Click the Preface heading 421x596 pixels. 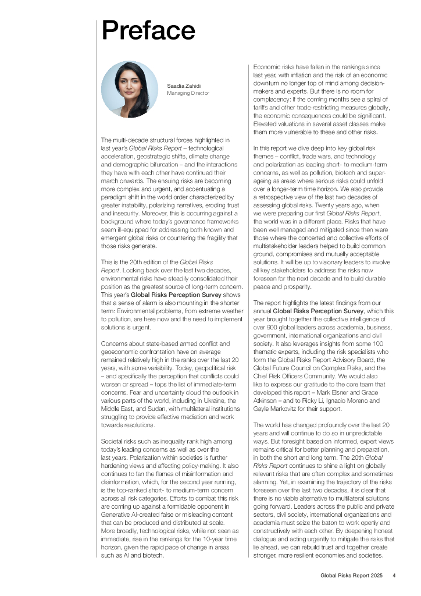coord(148,30)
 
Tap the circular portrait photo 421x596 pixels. coord(130,90)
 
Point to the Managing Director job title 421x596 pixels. coord(188,93)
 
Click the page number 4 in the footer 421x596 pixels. coord(394,576)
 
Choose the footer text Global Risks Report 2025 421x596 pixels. coord(351,576)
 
